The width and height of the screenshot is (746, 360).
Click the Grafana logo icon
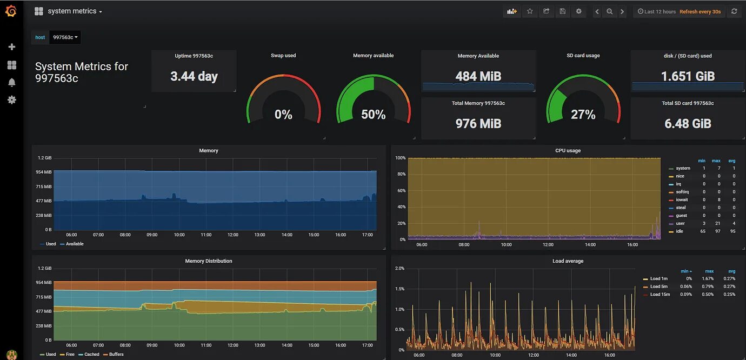pyautogui.click(x=11, y=11)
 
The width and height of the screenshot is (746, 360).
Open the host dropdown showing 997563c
pyautogui.click(x=65, y=37)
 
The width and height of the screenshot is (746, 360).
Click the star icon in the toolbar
pyautogui.click(x=530, y=11)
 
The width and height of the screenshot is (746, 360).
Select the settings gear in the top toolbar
pyautogui.click(x=579, y=11)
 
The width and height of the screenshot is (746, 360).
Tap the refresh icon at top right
pyautogui.click(x=734, y=11)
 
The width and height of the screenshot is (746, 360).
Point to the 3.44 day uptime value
pyautogui.click(x=194, y=76)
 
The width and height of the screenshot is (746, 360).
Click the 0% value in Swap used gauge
pyautogui.click(x=283, y=115)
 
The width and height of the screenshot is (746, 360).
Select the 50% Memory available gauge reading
pyautogui.click(x=373, y=115)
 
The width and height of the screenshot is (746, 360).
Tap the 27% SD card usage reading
pyautogui.click(x=583, y=115)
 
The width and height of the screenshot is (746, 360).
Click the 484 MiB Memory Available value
pyautogui.click(x=478, y=76)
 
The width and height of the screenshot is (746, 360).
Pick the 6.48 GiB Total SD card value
pyautogui.click(x=688, y=124)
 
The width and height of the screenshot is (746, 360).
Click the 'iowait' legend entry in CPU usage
pyautogui.click(x=682, y=199)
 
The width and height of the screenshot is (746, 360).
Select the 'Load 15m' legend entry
pyautogui.click(x=660, y=295)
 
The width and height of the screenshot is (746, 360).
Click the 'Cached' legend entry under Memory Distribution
pyautogui.click(x=91, y=355)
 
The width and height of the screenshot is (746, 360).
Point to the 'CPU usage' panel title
pyautogui.click(x=568, y=151)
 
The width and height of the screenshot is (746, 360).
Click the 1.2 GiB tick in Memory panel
pyautogui.click(x=45, y=158)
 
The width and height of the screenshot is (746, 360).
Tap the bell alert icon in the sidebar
pyautogui.click(x=11, y=82)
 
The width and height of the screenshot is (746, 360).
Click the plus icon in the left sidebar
pyautogui.click(x=11, y=47)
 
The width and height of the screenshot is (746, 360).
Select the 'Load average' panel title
pyautogui.click(x=568, y=261)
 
